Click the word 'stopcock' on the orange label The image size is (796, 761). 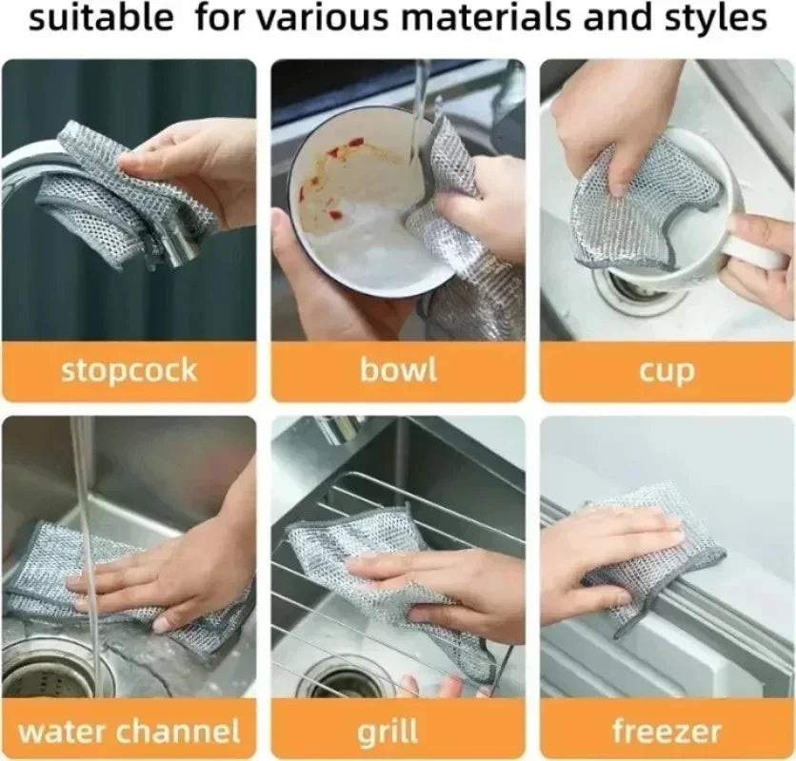[129, 370]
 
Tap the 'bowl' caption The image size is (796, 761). [398, 370]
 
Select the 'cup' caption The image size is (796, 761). [667, 371]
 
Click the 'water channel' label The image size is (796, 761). [129, 732]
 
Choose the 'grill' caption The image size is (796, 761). [388, 732]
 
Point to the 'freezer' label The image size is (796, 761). [667, 732]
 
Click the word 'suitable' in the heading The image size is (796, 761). [101, 18]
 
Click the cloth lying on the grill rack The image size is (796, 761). [381, 571]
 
